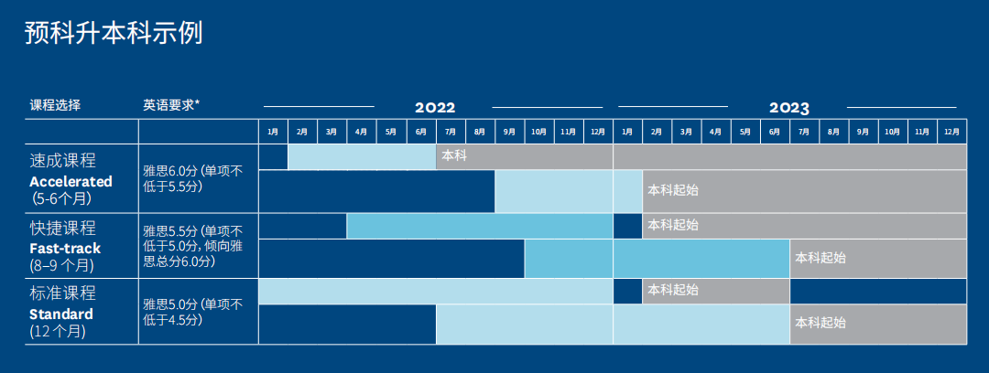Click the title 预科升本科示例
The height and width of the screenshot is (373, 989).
pyautogui.click(x=114, y=34)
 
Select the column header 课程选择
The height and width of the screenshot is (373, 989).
pyautogui.click(x=55, y=105)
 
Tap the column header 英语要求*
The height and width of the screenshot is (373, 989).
pyautogui.click(x=171, y=105)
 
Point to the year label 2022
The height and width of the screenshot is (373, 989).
pyautogui.click(x=435, y=108)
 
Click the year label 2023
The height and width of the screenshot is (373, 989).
pyautogui.click(x=789, y=108)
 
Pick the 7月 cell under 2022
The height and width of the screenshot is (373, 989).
pyautogui.click(x=451, y=132)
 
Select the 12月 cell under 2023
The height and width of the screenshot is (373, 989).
pyautogui.click(x=951, y=132)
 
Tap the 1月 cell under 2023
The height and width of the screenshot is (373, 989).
pyautogui.click(x=627, y=132)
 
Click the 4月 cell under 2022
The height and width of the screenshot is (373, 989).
pyautogui.click(x=362, y=132)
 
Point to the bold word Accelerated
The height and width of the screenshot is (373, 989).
pyautogui.click(x=71, y=181)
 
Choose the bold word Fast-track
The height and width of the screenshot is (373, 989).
pyautogui.click(x=65, y=249)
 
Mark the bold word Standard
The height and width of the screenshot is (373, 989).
pyautogui.click(x=61, y=314)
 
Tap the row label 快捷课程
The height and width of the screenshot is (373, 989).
pyautogui.click(x=62, y=228)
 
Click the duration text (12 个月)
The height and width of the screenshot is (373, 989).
pyautogui.click(x=58, y=332)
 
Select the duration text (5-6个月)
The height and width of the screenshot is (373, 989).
pyautogui.click(x=60, y=199)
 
